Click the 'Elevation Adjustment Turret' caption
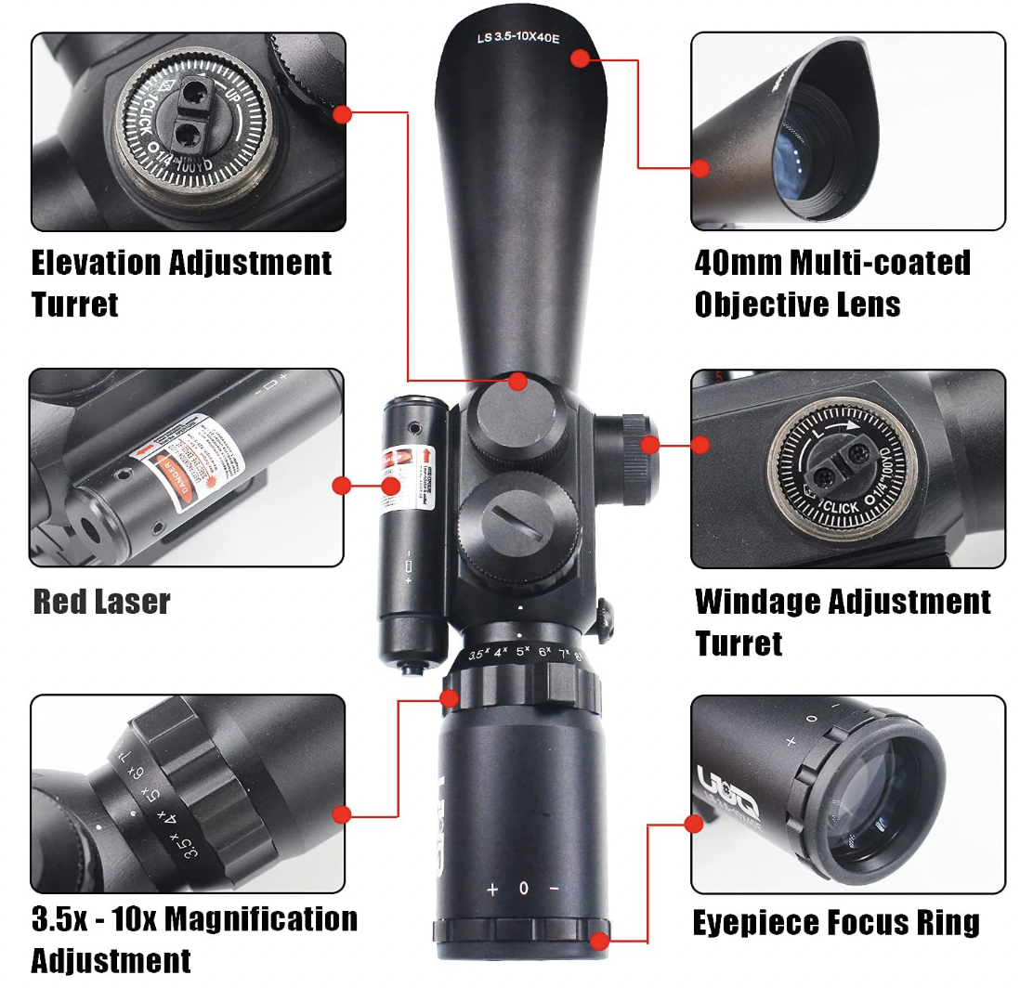click(181, 283)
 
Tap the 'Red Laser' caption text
click(101, 602)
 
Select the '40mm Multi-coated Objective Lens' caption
click(832, 283)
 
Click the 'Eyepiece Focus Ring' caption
click(836, 923)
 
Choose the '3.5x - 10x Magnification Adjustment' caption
click(194, 939)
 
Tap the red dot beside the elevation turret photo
click(342, 114)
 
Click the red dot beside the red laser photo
click(342, 485)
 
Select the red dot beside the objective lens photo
click(700, 168)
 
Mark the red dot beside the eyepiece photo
click(693, 824)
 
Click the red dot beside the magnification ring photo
click(342, 815)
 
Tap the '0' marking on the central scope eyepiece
click(524, 889)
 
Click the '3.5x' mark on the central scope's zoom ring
click(478, 655)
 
